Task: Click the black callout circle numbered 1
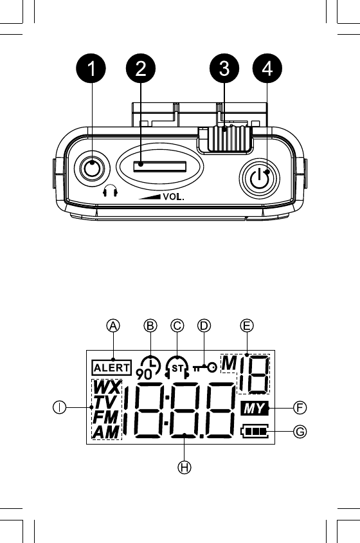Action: [91, 68]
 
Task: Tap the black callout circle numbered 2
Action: [141, 68]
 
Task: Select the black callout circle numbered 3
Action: [224, 68]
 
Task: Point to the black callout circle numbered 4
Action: [267, 68]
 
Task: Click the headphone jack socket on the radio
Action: [92, 169]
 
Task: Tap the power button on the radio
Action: [259, 178]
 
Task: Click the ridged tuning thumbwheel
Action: [230, 138]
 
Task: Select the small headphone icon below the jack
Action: [111, 190]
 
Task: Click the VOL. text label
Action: [174, 197]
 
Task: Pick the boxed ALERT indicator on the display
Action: [111, 368]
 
